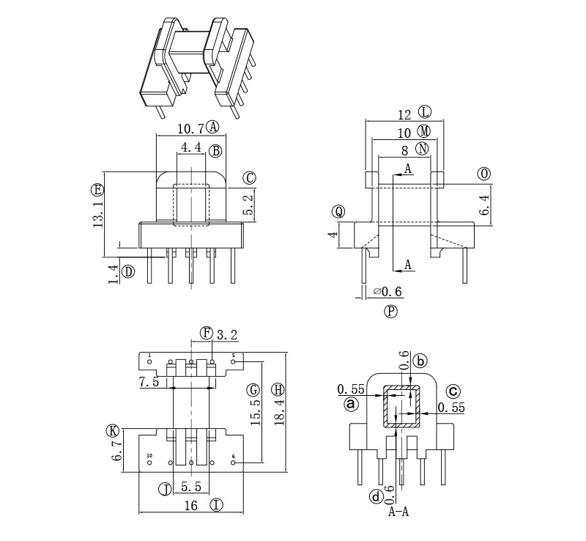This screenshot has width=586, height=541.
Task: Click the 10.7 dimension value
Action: (190, 128)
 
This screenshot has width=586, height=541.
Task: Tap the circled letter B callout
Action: (215, 152)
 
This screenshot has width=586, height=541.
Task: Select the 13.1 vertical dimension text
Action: (98, 211)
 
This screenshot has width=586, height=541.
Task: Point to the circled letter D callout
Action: (128, 272)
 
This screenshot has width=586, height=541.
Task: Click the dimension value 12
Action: (405, 115)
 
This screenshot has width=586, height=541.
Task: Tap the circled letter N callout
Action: (422, 150)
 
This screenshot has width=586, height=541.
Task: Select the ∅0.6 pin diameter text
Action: (388, 292)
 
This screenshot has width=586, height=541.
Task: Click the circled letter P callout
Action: (390, 311)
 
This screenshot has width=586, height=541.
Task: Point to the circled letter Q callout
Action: (338, 212)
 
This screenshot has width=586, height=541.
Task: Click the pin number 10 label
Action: (150, 456)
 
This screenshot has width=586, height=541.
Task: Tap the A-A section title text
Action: (398, 512)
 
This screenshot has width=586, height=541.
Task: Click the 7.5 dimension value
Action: (149, 383)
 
